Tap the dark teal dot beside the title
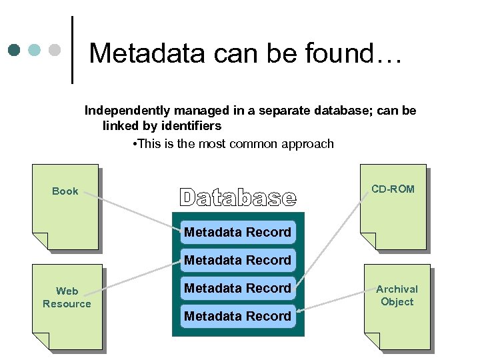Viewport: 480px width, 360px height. [x=15, y=50]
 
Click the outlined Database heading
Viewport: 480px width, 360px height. [x=237, y=197]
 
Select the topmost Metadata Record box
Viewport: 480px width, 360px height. [x=238, y=232]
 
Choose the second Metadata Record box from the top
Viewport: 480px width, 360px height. [x=238, y=260]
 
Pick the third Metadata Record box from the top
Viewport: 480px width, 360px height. [x=238, y=288]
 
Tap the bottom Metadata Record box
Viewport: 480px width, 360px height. [x=238, y=316]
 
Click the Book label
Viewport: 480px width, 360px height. [x=65, y=191]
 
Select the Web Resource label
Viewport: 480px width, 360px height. [x=67, y=297]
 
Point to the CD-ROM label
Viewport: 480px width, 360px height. [x=393, y=189]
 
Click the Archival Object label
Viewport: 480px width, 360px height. [x=397, y=295]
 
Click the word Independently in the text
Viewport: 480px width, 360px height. [x=127, y=111]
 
